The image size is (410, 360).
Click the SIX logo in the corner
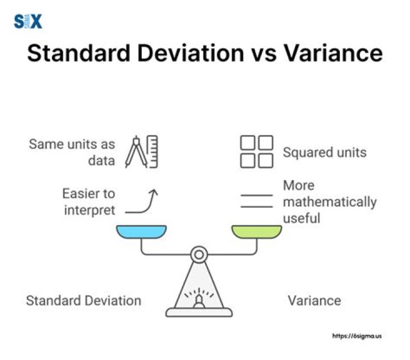point(28,22)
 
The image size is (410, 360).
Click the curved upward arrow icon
point(143,203)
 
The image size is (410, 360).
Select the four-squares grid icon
point(256,152)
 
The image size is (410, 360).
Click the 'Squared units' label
point(325,153)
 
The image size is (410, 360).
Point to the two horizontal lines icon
point(256,202)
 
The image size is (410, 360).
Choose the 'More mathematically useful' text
point(329,202)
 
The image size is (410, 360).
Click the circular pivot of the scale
point(199,254)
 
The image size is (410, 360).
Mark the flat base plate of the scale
point(199,312)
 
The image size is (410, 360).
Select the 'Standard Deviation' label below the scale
point(84,300)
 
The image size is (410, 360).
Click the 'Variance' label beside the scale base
point(314,300)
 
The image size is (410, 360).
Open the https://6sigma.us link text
point(357,336)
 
